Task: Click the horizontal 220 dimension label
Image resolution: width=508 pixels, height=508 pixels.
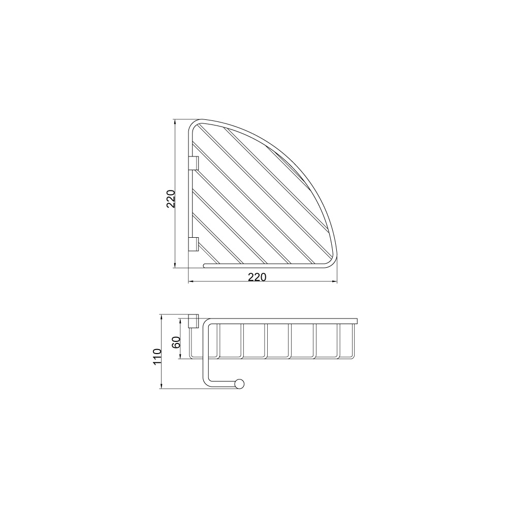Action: [x=257, y=277]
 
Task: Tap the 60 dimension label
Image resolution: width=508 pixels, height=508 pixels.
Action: [x=176, y=342]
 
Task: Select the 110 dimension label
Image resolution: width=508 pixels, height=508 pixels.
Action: [x=157, y=356]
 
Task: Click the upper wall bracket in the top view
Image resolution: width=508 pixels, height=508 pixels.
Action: [x=194, y=163]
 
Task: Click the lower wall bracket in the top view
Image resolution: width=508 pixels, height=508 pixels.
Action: [x=194, y=244]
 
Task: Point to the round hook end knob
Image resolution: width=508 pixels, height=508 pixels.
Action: [x=240, y=384]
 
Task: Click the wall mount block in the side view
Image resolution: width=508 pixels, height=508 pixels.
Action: [x=194, y=321]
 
